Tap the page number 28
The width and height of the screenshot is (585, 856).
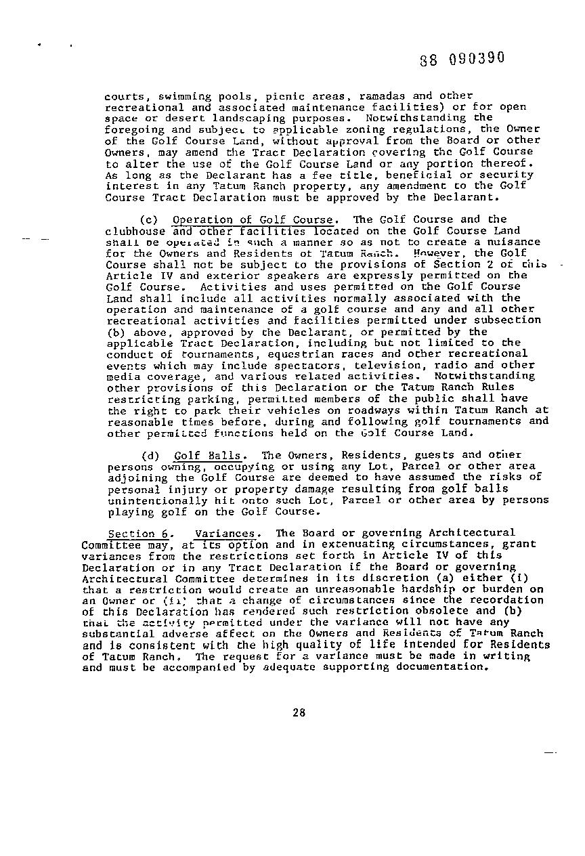click(299, 712)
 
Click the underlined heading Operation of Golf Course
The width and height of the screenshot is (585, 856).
click(252, 220)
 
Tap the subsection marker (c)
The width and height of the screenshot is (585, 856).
click(149, 220)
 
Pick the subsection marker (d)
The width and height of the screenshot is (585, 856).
click(149, 456)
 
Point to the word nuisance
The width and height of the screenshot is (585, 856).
click(514, 242)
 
